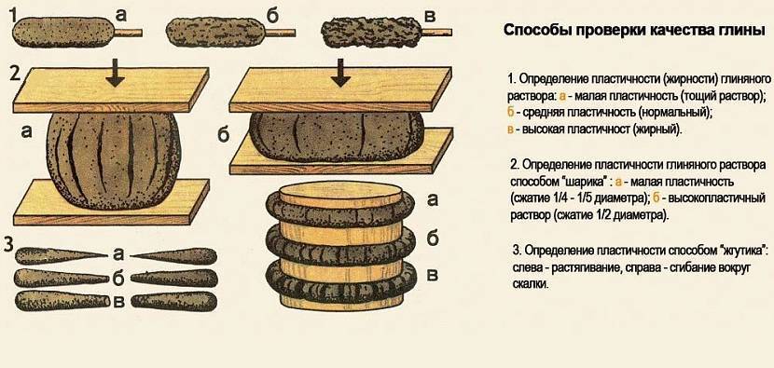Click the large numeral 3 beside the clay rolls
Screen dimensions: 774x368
click(x=8, y=245)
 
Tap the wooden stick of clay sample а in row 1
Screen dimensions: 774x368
click(x=129, y=33)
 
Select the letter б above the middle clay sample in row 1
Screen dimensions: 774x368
click(x=272, y=15)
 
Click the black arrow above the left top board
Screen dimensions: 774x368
click(x=115, y=73)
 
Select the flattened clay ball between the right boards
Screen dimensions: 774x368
click(x=336, y=137)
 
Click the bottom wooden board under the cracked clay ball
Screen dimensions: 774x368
click(x=112, y=202)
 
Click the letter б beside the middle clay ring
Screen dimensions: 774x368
click(x=432, y=239)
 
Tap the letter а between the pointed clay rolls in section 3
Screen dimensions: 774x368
click(x=118, y=254)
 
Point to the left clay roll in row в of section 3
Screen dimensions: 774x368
click(x=62, y=301)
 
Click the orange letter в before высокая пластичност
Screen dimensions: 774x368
click(x=511, y=130)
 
